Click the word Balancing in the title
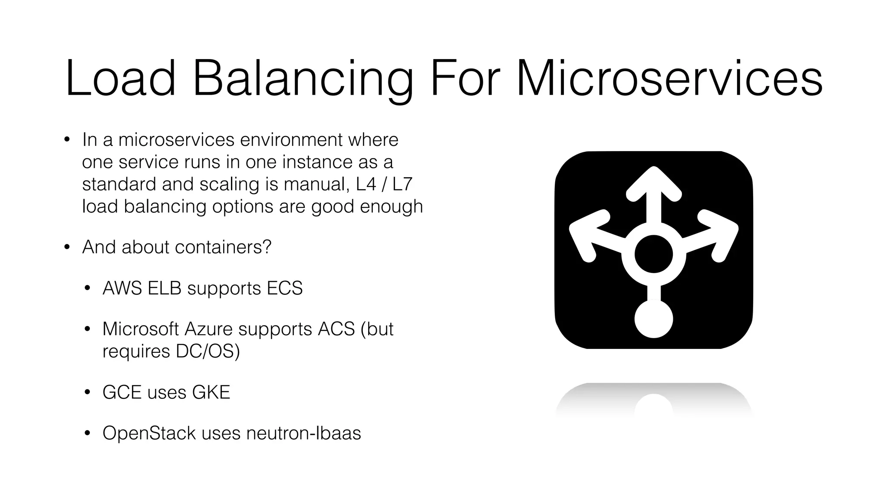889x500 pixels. click(x=302, y=79)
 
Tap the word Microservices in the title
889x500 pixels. click(x=669, y=79)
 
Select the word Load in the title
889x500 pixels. click(x=121, y=79)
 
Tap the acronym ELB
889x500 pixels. click(x=164, y=288)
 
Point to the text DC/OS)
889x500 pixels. click(x=207, y=351)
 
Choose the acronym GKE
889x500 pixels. click(x=211, y=392)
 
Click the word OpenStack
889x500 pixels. click(x=149, y=433)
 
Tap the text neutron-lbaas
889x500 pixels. click(x=303, y=433)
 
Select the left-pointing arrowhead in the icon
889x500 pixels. click(x=584, y=234)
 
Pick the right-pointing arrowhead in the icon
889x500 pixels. click(x=722, y=234)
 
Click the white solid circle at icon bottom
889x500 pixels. click(x=653, y=319)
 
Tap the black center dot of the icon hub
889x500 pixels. click(x=653, y=254)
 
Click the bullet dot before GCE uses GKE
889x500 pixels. click(x=87, y=393)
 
